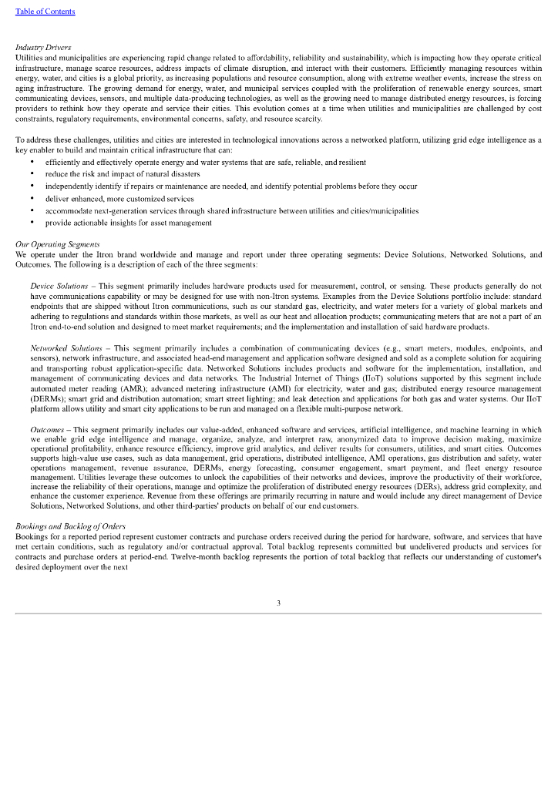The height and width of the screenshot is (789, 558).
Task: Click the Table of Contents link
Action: [45, 12]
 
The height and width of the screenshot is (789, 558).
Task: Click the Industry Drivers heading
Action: [43, 48]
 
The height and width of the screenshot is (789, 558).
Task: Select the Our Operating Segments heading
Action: [57, 244]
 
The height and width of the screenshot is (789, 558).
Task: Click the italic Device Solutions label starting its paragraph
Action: [59, 285]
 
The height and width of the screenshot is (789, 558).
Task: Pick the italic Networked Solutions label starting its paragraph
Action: [66, 347]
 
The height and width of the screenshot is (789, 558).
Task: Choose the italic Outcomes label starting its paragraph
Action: [47, 428]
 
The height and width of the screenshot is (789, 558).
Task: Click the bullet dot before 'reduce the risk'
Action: [32, 174]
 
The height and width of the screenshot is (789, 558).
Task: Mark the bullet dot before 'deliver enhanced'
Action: [32, 198]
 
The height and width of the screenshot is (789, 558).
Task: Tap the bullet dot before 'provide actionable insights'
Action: [32, 223]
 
